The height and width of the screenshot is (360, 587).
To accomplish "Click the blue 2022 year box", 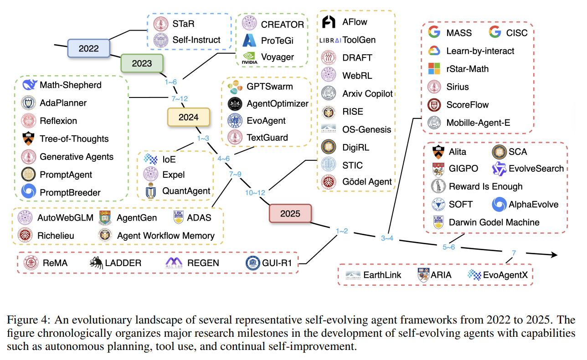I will click(89, 48).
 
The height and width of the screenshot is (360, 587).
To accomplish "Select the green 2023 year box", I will click(142, 63).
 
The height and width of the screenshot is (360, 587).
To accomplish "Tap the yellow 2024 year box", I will click(188, 117).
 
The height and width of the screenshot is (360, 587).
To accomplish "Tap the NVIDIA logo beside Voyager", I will click(250, 57).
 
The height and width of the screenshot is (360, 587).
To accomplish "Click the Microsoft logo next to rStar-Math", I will click(435, 69).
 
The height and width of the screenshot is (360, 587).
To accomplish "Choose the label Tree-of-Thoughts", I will click(74, 139).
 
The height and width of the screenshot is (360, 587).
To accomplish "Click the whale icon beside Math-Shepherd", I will click(29, 85).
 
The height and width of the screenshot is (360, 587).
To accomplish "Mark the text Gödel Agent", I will click(367, 182).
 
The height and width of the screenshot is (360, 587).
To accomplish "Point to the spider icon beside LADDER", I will click(96, 262).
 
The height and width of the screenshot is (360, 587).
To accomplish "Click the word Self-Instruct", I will click(196, 40).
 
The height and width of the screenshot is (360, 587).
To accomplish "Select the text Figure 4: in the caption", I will click(30, 319).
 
